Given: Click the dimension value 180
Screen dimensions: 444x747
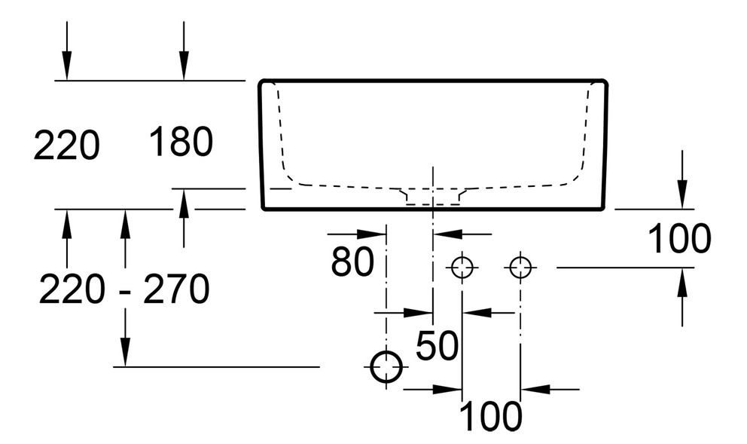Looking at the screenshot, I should click(181, 142).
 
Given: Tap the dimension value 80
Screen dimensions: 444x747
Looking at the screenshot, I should click(352, 261).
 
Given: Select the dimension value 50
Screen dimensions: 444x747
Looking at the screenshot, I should click(437, 346).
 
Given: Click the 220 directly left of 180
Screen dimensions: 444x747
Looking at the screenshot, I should click(66, 145).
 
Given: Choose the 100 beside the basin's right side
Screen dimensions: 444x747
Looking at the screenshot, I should click(679, 239).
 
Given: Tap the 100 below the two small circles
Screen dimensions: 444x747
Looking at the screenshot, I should click(490, 415).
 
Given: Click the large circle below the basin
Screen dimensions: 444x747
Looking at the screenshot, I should click(386, 367).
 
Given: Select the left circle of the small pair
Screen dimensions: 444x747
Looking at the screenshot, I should click(462, 266).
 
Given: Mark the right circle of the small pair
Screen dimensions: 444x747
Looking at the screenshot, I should click(520, 266).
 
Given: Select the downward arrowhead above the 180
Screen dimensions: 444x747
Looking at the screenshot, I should click(183, 69).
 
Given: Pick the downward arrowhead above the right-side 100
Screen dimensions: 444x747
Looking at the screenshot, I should click(682, 198).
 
